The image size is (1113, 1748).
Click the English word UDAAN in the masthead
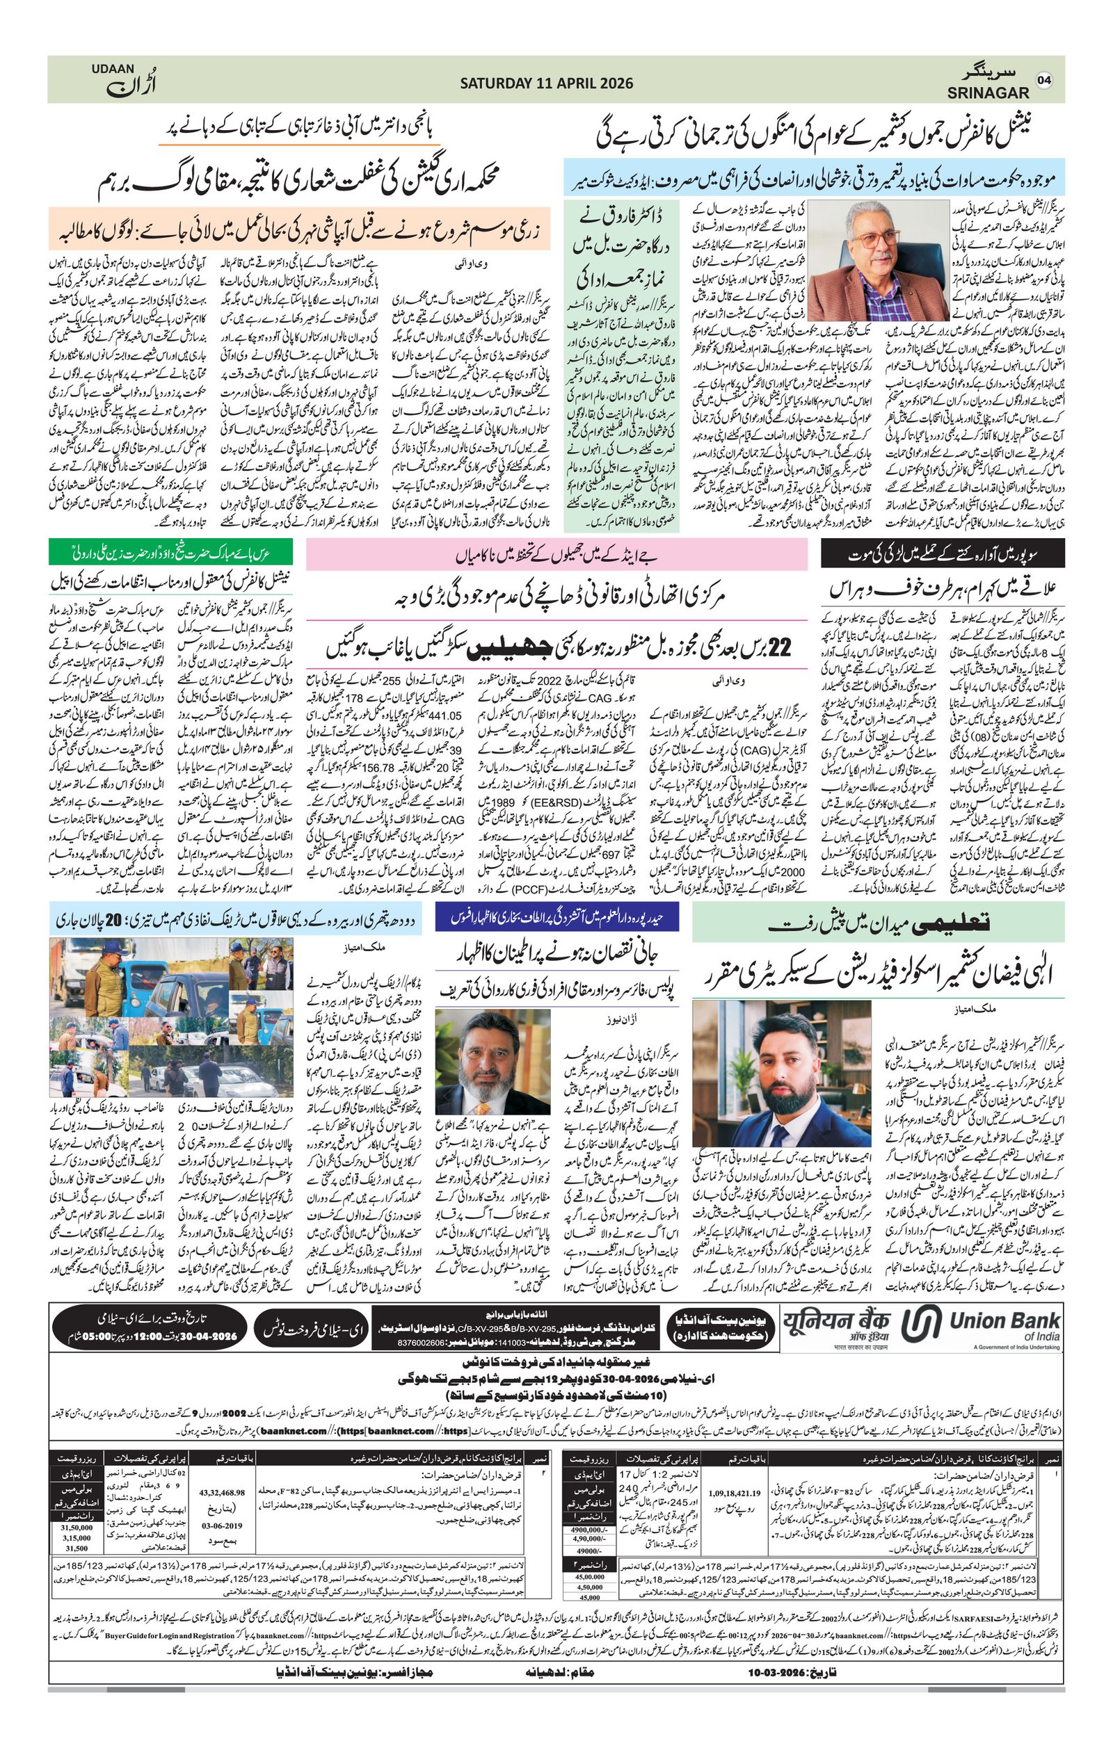tap(113, 69)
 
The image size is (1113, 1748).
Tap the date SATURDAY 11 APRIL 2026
tap(546, 83)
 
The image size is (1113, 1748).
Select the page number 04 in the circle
tap(1044, 80)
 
